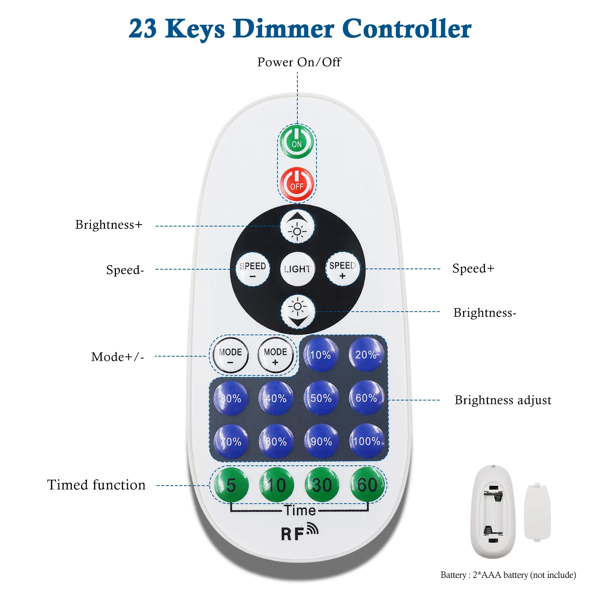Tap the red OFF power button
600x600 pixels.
click(297, 184)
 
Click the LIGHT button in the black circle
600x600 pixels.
click(297, 269)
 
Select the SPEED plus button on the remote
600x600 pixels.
click(342, 269)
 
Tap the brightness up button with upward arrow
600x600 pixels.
click(297, 226)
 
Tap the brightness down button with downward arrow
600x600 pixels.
click(298, 312)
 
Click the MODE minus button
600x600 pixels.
click(230, 355)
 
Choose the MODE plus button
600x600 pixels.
click(276, 355)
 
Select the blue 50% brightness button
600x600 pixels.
click(321, 398)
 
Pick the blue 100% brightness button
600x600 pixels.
click(367, 441)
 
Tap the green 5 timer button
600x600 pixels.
click(231, 485)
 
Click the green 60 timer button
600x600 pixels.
click(367, 485)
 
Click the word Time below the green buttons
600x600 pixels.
click(299, 510)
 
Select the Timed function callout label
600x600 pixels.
click(96, 485)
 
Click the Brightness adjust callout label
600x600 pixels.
click(502, 400)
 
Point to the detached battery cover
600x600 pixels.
click(537, 512)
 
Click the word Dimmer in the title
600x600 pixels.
click(283, 28)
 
